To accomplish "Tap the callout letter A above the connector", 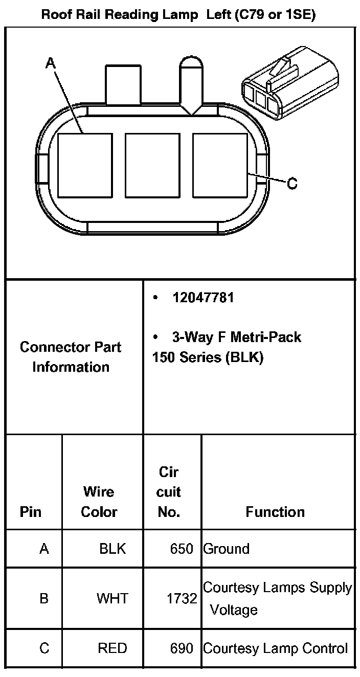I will point(50,63).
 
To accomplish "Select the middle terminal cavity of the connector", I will point(152,166).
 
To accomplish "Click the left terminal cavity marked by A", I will point(85,166).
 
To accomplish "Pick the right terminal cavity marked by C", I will point(220,166).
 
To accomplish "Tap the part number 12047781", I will point(203,298).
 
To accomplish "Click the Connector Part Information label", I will point(71,357).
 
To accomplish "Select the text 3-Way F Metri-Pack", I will point(236,337).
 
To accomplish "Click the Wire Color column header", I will point(99,502).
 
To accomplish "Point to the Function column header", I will point(275,512).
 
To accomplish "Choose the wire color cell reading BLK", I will point(112,549).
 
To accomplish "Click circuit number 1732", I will point(182,598).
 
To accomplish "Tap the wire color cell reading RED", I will point(112,648).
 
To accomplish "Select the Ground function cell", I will point(227,549).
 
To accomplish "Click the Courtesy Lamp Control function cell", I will point(276,648).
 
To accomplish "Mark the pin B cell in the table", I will point(44,598).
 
